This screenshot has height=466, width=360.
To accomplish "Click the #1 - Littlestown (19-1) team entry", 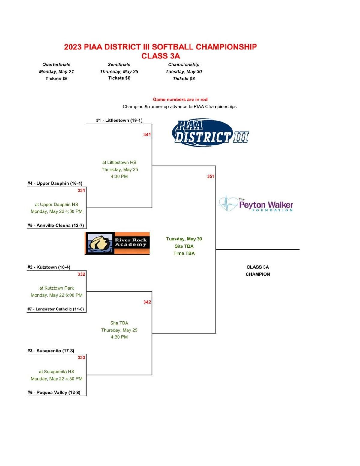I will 119,120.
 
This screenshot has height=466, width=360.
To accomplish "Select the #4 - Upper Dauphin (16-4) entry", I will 55,183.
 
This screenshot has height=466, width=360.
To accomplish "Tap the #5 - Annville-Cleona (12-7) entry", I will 55,225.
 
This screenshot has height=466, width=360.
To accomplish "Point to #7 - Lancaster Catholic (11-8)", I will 55,309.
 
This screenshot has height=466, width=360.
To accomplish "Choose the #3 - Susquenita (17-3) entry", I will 51,351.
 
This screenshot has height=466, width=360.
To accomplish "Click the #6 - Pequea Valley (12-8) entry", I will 54,392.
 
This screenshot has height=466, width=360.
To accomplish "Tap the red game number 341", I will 147,134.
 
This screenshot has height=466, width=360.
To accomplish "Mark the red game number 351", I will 211,176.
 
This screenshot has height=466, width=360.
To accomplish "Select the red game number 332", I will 81,274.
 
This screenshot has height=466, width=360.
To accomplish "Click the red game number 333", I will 81,357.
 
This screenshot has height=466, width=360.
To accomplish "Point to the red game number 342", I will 147,302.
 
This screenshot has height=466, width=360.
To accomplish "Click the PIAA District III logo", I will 210,133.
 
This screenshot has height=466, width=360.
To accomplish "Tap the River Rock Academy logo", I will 117,243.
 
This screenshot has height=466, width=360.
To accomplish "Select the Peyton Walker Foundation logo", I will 255,204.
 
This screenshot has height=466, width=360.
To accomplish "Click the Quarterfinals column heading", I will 56,64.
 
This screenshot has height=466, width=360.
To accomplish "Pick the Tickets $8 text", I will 184,79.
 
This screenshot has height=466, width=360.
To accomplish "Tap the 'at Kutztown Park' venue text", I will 56,288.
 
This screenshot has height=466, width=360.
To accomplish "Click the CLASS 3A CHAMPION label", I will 258,270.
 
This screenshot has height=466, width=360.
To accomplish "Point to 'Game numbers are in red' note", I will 180,100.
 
